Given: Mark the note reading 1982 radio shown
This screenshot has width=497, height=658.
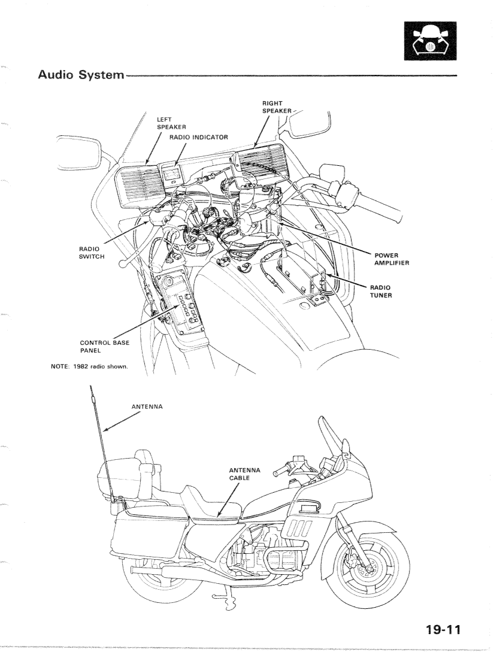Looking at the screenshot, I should (x=90, y=366).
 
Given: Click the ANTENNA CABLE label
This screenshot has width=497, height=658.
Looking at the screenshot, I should (x=244, y=474).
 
